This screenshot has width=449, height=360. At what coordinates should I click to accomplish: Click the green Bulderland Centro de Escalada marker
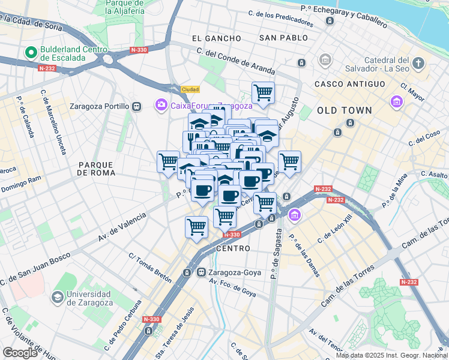tap(29, 53)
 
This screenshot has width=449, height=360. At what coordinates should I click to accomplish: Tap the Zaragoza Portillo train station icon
tap(137, 106)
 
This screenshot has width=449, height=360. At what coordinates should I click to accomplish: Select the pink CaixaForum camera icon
tap(160, 106)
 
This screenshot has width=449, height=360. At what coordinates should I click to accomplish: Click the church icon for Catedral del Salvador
tap(418, 62)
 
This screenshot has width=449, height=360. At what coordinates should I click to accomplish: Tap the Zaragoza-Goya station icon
tap(202, 272)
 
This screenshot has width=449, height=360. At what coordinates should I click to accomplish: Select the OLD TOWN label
tap(345, 110)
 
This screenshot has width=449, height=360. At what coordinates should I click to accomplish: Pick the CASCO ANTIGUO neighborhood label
tap(349, 84)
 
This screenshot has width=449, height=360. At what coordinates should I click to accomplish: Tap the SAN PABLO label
tap(283, 38)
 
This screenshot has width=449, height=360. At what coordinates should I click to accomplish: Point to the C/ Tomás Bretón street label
tap(150, 268)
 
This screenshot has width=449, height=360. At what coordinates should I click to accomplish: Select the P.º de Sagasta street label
tap(276, 256)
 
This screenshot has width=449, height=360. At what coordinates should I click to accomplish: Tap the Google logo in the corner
tap(20, 353)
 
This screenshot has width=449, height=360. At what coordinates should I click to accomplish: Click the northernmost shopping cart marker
tap(263, 93)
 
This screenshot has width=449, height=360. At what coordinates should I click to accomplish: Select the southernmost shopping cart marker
tap(196, 227)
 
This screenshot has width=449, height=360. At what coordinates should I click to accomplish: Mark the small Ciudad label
tap(190, 89)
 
